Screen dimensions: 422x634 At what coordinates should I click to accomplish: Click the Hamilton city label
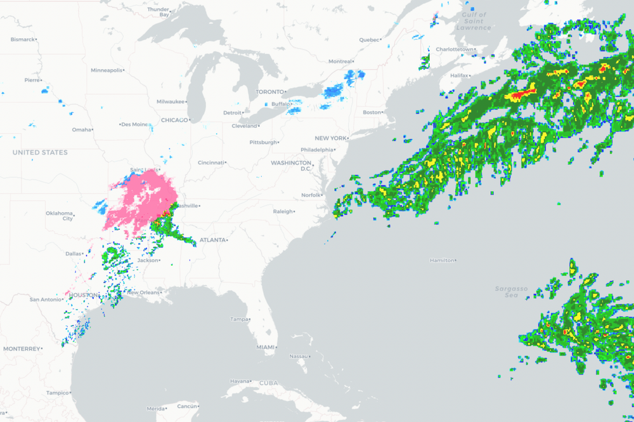point(442,260)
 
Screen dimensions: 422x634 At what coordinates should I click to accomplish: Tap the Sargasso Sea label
point(511,292)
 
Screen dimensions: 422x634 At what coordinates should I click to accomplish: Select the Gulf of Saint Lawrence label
point(473,21)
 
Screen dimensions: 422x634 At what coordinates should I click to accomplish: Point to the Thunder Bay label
point(158,11)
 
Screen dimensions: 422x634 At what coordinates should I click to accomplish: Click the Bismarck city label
point(23,39)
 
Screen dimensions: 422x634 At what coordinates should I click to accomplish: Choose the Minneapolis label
point(106,70)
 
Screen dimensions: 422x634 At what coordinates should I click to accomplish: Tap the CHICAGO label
point(174,120)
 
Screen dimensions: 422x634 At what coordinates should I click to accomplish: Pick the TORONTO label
point(270,92)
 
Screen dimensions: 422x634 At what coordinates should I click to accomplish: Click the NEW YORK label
point(330,138)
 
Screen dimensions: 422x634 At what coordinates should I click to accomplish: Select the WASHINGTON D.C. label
point(291,166)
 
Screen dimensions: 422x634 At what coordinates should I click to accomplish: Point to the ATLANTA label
point(212,240)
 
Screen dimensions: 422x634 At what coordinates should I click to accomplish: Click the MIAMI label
point(266,347)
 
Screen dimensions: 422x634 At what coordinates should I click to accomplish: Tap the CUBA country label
point(268,383)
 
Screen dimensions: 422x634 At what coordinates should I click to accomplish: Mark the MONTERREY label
point(22,348)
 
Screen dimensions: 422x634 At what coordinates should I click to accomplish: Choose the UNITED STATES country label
point(40,152)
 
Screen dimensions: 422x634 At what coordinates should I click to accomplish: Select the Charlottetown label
point(454,49)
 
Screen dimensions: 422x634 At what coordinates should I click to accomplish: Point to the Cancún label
point(187,406)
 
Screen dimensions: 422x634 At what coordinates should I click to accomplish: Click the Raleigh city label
point(283,211)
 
